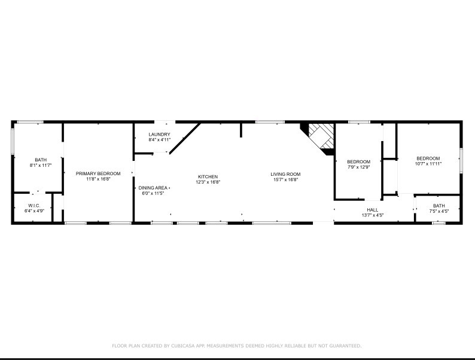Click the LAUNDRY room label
tap(160, 135)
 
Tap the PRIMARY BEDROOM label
tap(98, 173)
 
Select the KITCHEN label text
tap(208, 176)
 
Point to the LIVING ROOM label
tap(285, 174)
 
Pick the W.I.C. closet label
tap(34, 205)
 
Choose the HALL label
tap(373, 209)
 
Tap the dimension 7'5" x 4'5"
tap(439, 211)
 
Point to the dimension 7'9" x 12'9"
tap(359, 167)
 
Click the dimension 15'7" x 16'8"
tap(285, 179)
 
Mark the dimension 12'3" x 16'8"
tap(208, 182)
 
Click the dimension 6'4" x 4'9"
tap(34, 210)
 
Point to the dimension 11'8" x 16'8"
tap(98, 179)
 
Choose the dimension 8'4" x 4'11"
tap(160, 140)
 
